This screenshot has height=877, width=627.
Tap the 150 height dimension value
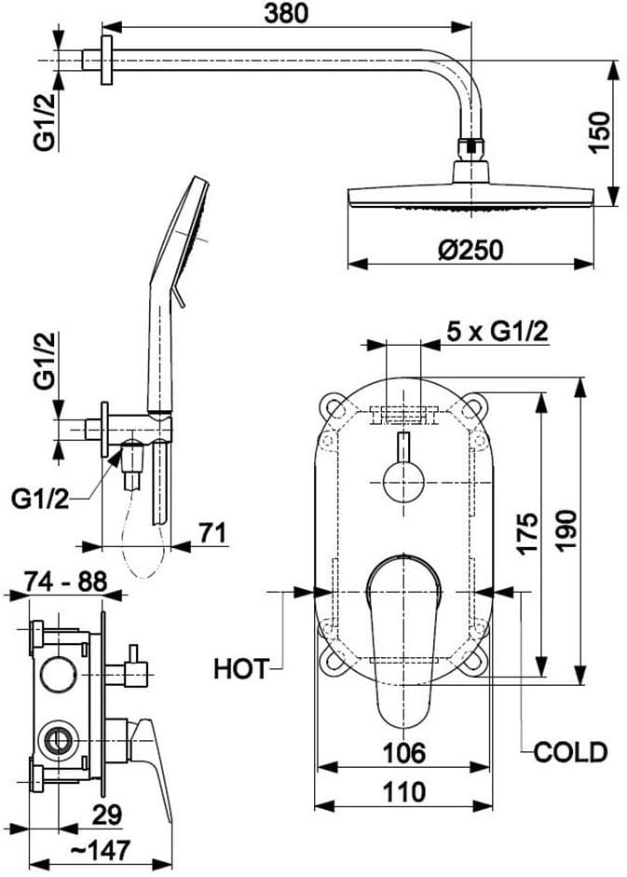[600, 132]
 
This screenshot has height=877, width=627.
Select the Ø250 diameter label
[470, 251]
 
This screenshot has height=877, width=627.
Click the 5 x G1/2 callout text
[497, 331]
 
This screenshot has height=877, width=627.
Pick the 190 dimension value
[566, 533]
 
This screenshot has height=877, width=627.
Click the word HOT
[241, 668]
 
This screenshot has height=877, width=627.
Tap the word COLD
[570, 751]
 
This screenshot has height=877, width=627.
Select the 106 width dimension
[403, 751]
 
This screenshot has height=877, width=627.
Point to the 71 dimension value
[213, 532]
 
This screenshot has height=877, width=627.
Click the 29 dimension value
[106, 814]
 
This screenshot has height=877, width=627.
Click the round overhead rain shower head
[470, 197]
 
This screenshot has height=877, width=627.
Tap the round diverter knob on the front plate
[403, 485]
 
